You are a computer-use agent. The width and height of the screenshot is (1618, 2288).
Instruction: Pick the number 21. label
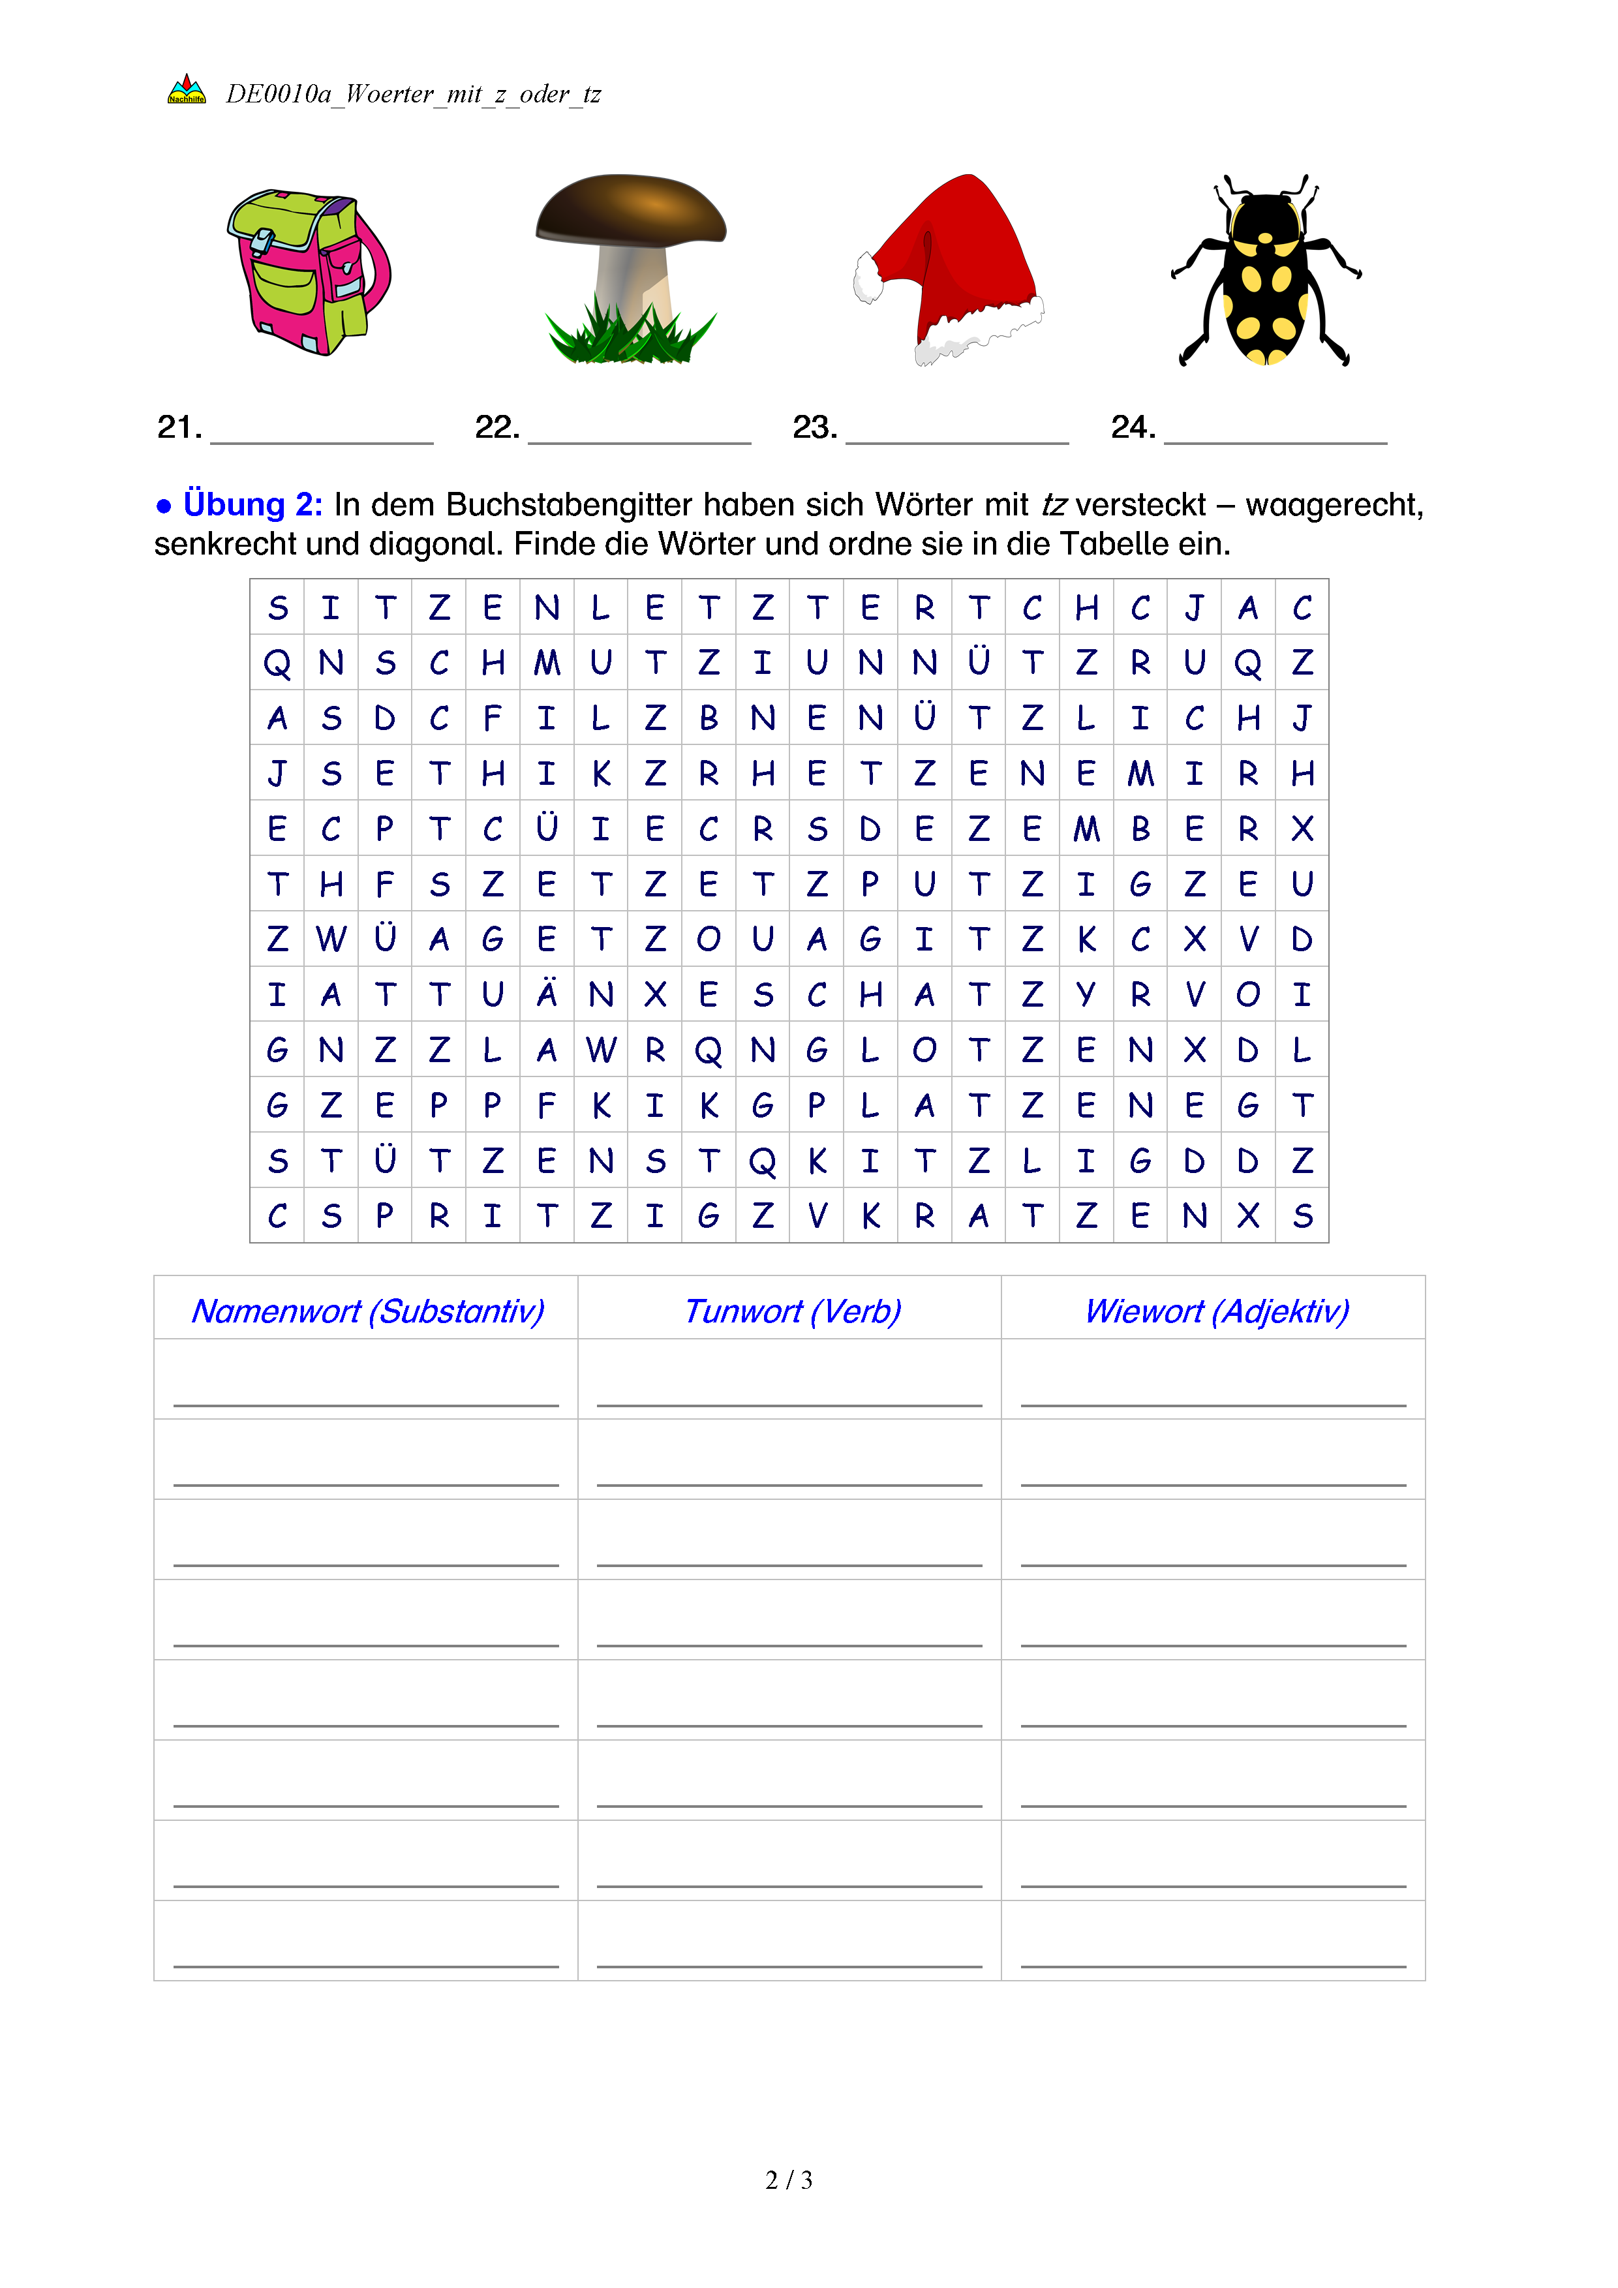[x=179, y=427]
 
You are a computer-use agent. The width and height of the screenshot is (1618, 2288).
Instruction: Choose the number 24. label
[x=1133, y=427]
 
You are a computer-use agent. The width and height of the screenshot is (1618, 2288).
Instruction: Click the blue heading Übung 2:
[x=252, y=504]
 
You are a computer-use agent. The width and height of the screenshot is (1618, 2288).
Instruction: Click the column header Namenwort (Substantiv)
[x=367, y=1311]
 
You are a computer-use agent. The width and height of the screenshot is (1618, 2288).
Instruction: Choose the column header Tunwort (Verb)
[x=792, y=1311]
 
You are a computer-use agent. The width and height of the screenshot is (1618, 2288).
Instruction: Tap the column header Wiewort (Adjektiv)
[x=1217, y=1311]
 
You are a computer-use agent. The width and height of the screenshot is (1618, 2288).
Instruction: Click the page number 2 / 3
[x=788, y=2180]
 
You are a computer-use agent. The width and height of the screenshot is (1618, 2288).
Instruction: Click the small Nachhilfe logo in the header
[x=187, y=89]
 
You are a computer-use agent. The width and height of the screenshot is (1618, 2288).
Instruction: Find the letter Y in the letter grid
[x=1086, y=994]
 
